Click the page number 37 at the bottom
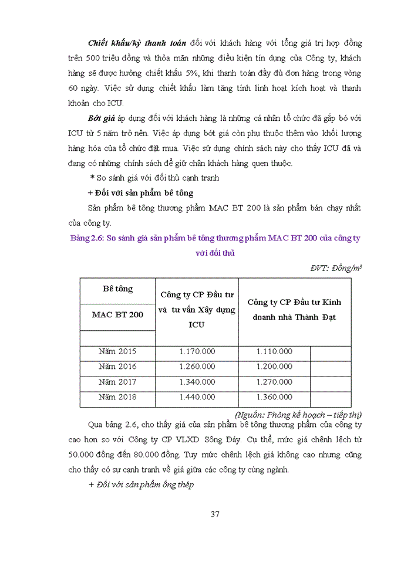[214, 514]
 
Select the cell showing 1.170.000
[197, 351]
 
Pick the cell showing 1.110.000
[274, 351]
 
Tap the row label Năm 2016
[117, 367]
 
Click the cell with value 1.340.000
[197, 382]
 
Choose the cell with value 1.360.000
[274, 397]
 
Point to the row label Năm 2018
[117, 397]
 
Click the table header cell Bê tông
[117, 289]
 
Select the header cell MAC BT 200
[117, 315]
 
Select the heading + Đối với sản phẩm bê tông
[140, 192]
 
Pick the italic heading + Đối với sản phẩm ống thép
[141, 484]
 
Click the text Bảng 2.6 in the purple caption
[86, 238]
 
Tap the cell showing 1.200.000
[274, 367]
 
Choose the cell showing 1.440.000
[197, 397]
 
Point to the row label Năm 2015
[117, 351]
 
